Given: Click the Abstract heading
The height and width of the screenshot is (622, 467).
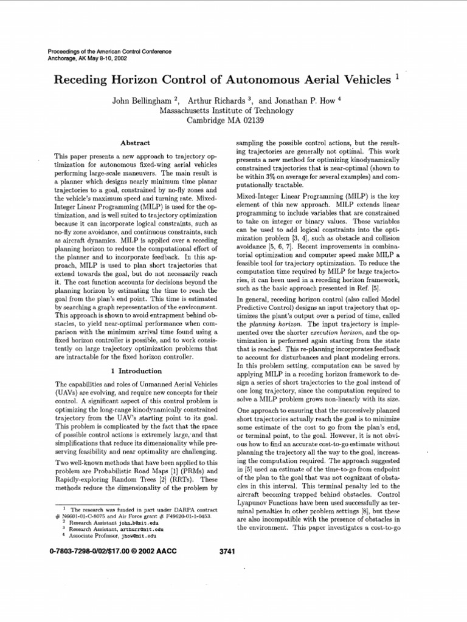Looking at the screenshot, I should click(x=135, y=143).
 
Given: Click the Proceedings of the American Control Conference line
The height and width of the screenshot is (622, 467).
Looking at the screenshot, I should click(x=109, y=52).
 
